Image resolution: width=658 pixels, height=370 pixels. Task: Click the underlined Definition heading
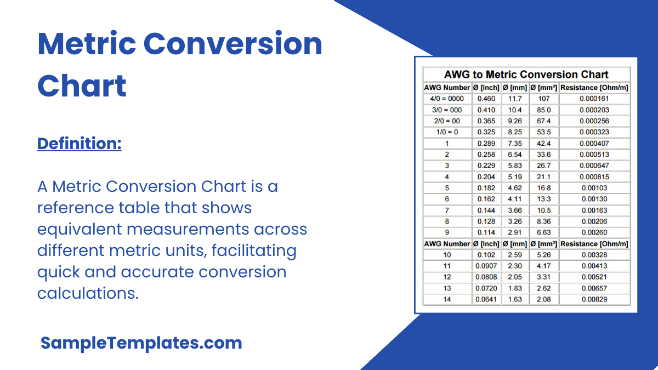click(x=79, y=144)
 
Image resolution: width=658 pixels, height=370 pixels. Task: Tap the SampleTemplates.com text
click(x=141, y=343)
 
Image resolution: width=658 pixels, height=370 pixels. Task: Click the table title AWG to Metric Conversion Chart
click(x=526, y=75)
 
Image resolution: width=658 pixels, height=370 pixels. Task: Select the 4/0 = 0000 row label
click(x=447, y=99)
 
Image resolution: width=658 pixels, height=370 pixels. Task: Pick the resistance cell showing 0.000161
click(x=594, y=99)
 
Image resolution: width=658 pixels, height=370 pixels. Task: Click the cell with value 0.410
click(x=486, y=110)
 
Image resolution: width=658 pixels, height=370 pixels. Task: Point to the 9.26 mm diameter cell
click(x=515, y=121)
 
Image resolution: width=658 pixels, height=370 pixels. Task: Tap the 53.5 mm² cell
click(x=544, y=132)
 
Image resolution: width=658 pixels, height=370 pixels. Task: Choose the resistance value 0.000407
click(x=594, y=143)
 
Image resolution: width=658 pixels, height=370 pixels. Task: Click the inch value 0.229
click(x=486, y=166)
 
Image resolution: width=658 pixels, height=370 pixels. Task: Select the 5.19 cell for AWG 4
click(x=515, y=177)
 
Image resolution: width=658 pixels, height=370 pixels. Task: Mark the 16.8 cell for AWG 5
click(x=544, y=188)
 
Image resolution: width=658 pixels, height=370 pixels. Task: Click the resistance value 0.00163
click(x=594, y=210)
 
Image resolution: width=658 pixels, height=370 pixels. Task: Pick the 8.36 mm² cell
click(x=544, y=221)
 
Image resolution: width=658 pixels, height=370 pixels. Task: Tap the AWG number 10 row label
click(x=447, y=255)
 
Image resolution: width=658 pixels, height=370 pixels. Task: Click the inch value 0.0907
click(x=486, y=266)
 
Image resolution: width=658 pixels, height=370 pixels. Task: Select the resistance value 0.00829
click(x=594, y=299)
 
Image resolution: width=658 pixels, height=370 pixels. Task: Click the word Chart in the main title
click(x=82, y=86)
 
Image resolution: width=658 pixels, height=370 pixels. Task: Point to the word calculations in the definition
click(x=87, y=293)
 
